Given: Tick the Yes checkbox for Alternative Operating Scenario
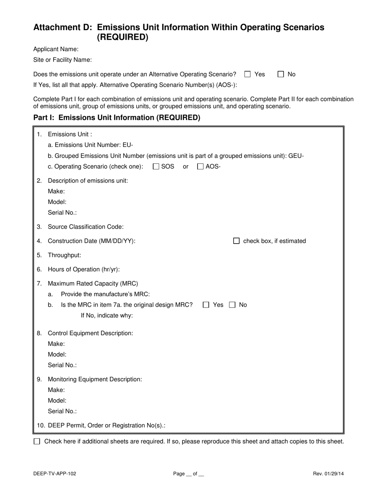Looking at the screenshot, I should point(248,74).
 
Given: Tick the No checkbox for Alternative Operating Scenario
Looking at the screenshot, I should point(281,74).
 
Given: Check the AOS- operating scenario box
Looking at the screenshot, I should point(200,167).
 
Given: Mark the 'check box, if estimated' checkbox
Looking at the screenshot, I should point(237,241).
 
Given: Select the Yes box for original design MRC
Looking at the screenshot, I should point(206,305).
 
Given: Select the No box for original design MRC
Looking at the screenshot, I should point(233,305).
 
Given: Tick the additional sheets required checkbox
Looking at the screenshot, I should point(37,441).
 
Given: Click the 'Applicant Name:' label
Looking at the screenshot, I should point(56,49).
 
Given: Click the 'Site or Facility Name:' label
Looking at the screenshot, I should point(63,60).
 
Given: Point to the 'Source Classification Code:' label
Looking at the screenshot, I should point(86,227).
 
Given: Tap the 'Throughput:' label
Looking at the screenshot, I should point(64,255).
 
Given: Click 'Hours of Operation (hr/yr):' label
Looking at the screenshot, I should point(84,269).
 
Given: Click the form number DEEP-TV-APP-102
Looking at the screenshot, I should point(55,473).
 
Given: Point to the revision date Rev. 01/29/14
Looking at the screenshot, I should point(328,473).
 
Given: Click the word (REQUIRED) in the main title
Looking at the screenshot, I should point(123,37).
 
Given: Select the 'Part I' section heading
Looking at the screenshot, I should point(117,117).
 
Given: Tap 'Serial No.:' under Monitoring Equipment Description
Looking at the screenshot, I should point(62,411).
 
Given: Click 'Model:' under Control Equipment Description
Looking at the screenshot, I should point(57,354).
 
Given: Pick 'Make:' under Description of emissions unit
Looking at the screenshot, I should point(56,191).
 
